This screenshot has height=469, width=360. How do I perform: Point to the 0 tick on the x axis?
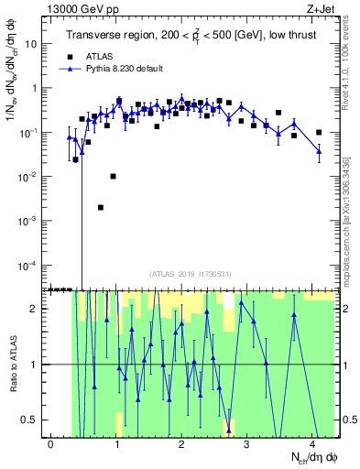(51, 443)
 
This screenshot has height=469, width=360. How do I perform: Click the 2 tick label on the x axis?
(182, 443)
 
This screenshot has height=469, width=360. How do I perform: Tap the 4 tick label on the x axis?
(313, 443)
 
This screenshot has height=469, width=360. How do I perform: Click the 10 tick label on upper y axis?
(33, 44)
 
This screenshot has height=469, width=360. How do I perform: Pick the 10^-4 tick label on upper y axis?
(30, 266)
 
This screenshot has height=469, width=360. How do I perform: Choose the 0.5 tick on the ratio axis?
(32, 420)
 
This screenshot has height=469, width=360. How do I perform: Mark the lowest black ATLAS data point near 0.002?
(101, 207)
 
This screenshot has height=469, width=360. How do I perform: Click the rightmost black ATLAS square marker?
(319, 133)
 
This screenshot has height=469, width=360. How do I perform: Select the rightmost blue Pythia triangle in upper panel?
(319, 153)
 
